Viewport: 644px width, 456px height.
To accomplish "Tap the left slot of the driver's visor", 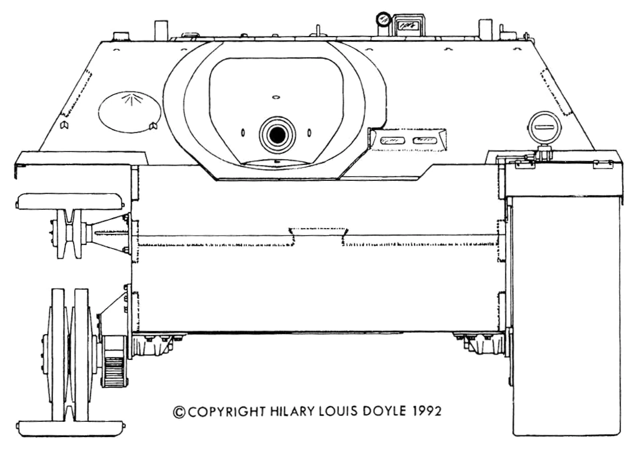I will coord(391,140).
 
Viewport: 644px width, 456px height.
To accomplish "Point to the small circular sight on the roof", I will coord(383,19).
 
